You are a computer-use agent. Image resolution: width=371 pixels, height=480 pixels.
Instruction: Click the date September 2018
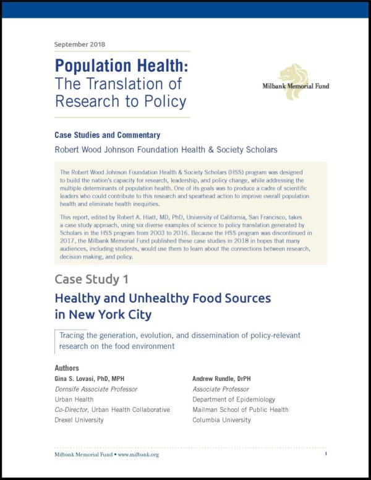[x=80, y=45]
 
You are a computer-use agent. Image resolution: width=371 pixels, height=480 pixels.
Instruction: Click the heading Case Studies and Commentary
[x=108, y=135]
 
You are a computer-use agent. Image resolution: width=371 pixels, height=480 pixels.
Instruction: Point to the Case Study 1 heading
[x=92, y=279]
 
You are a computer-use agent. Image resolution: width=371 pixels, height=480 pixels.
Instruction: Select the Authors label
[x=67, y=368]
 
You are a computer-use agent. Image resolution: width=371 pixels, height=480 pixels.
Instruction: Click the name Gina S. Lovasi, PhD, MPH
[x=96, y=378]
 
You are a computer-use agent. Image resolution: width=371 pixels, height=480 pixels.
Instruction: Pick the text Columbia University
[x=222, y=420]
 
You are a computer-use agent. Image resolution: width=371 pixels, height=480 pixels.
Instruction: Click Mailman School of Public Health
[x=241, y=409]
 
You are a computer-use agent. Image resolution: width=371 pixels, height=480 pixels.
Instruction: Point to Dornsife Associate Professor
[x=96, y=389]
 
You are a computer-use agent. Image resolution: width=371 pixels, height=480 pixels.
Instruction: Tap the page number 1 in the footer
[x=325, y=454]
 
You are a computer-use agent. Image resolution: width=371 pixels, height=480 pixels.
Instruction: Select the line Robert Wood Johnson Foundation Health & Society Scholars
[x=166, y=149]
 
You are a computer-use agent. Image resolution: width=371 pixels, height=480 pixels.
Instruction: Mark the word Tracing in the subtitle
[x=72, y=335]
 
